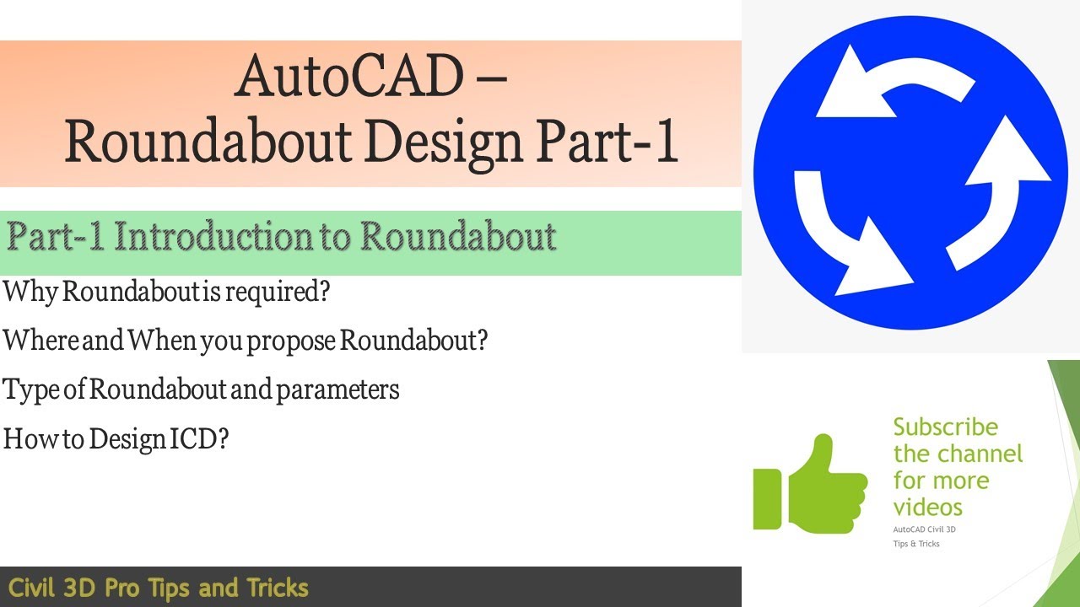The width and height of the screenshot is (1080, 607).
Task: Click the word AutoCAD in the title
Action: tap(349, 76)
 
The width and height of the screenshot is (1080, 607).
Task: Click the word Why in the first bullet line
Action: tap(30, 293)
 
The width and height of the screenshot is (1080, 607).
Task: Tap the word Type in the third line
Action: tap(31, 390)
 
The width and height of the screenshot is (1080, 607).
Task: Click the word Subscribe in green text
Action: tap(945, 427)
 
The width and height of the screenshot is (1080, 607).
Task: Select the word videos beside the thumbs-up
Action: tap(927, 508)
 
